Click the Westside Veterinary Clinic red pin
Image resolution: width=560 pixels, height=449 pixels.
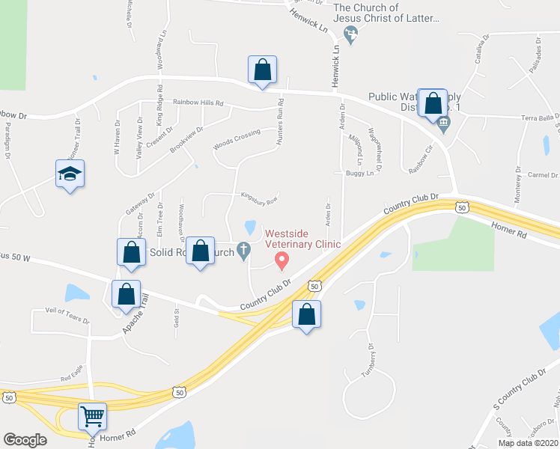282,260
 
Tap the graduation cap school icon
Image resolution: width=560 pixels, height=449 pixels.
70,174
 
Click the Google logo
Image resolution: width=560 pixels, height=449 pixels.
25,439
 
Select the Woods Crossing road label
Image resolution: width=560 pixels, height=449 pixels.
237,139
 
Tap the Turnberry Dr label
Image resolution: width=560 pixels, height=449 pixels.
368,361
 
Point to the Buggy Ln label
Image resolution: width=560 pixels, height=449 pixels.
359,173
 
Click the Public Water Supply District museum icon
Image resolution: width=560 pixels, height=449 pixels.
443,127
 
